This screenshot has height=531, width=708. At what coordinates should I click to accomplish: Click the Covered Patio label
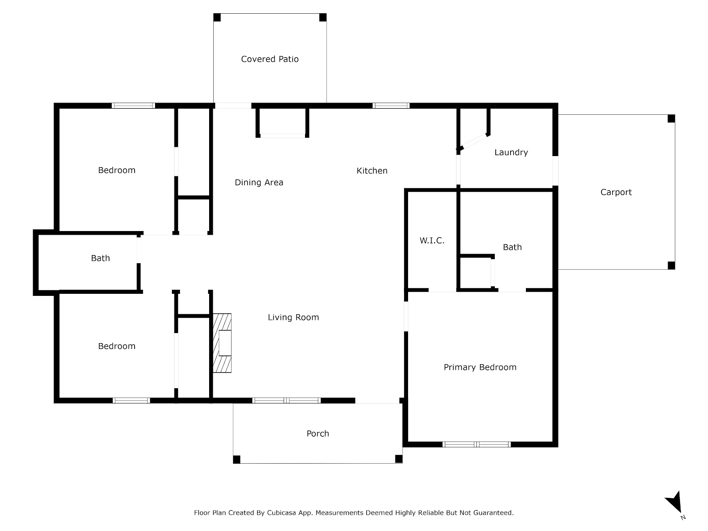(269, 59)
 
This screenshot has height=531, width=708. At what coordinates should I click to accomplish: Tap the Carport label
(616, 192)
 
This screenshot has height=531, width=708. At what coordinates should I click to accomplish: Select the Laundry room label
(511, 153)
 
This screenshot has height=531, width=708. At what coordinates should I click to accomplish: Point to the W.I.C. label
(432, 240)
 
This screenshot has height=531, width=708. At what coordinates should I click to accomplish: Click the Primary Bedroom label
(479, 367)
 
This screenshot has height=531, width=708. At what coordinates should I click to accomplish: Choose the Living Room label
(293, 317)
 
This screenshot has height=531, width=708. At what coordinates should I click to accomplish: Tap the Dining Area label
(259, 183)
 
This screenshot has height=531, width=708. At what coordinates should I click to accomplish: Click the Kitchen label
(371, 171)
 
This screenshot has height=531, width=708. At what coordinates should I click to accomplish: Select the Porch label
(317, 434)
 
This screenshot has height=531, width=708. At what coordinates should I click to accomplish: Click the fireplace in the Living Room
(222, 343)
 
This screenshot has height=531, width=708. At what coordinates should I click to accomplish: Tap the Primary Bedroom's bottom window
(476, 444)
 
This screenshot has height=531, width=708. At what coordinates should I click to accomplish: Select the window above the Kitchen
(391, 106)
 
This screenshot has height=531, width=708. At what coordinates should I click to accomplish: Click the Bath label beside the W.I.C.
(512, 247)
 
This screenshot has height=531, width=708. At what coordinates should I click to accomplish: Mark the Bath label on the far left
(100, 258)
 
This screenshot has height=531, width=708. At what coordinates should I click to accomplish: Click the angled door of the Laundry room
(473, 142)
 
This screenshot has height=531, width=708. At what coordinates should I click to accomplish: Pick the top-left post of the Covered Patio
(217, 18)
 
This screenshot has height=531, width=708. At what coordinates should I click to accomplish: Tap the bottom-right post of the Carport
(671, 265)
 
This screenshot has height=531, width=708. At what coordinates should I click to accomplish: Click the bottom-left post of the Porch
(237, 459)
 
